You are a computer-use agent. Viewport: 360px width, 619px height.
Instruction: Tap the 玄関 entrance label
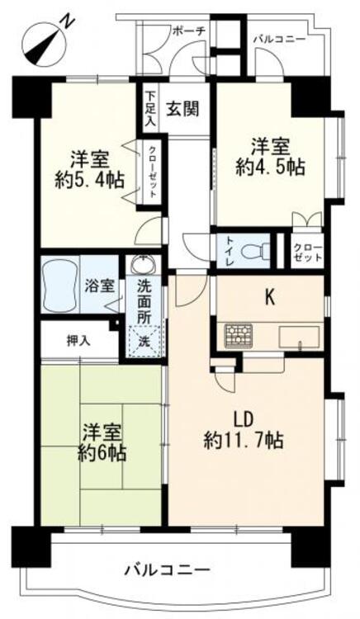(x=182, y=108)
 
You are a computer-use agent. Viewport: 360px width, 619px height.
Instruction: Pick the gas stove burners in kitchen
(x=239, y=336)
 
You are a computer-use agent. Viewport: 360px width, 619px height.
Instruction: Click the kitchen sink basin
(x=298, y=337)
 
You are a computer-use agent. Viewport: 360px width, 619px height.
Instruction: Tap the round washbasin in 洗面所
(x=144, y=264)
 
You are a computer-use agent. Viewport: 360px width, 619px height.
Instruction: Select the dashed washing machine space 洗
(x=144, y=340)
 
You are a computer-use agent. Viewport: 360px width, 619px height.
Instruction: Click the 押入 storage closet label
(x=78, y=341)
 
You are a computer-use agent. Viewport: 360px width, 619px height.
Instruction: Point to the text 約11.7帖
(x=244, y=440)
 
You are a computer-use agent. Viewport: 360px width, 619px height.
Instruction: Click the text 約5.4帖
(x=89, y=181)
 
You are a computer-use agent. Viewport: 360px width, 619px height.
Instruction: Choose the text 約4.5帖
(x=270, y=168)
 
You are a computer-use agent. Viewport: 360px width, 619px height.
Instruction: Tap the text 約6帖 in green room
(x=102, y=453)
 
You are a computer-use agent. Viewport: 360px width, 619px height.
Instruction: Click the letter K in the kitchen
(x=270, y=299)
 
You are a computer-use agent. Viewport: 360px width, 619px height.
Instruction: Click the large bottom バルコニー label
(x=167, y=570)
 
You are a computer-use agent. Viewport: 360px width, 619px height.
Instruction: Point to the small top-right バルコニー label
(x=279, y=40)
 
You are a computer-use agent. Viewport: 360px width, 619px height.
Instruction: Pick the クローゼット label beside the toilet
(x=307, y=252)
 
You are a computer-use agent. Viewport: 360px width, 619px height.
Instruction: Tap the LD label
(x=243, y=420)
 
